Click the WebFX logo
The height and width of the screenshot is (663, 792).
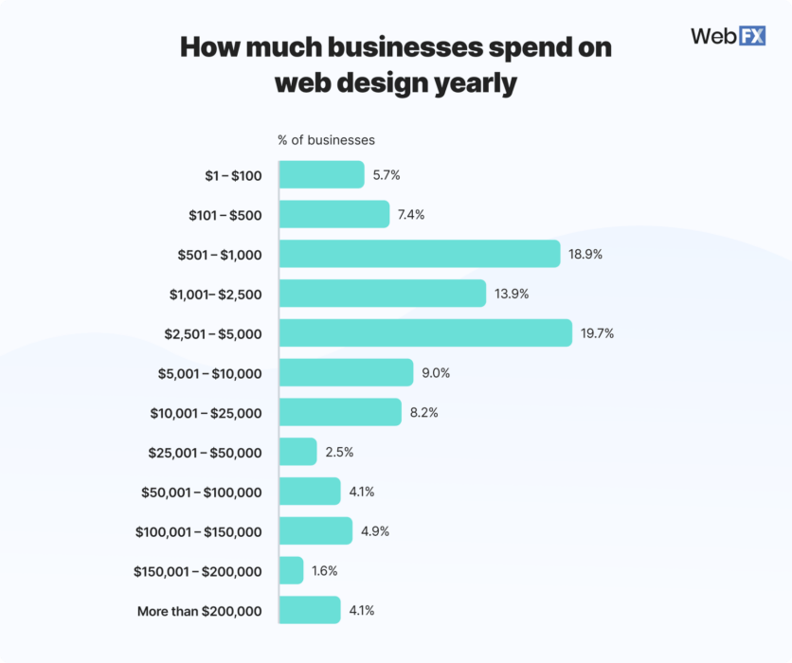pyautogui.click(x=728, y=36)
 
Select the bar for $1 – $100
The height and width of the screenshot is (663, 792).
pyautogui.click(x=321, y=174)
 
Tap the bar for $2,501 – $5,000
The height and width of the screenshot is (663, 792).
pyautogui.click(x=425, y=332)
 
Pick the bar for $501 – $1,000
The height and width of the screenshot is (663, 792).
pyautogui.click(x=420, y=254)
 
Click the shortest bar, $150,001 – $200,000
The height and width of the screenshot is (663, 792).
pyautogui.click(x=292, y=570)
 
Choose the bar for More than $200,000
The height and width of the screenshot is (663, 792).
pyautogui.click(x=310, y=610)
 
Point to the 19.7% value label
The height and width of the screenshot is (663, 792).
pyautogui.click(x=598, y=333)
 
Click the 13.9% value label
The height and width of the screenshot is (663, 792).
pyautogui.click(x=512, y=294)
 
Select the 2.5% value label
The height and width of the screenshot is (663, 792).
pyautogui.click(x=339, y=452)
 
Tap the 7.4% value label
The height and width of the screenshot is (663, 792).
pyautogui.click(x=410, y=214)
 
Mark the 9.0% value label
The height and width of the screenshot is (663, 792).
pyautogui.click(x=436, y=373)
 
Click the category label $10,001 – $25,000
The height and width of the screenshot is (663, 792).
pyautogui.click(x=206, y=413)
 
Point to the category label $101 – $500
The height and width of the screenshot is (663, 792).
pyautogui.click(x=225, y=215)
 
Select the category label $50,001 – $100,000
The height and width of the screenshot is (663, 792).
pyautogui.click(x=202, y=493)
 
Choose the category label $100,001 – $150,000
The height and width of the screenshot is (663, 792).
pyautogui.click(x=198, y=532)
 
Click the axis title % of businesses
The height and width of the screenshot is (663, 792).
pyautogui.click(x=326, y=140)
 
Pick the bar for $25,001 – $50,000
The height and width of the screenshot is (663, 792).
pyautogui.click(x=298, y=452)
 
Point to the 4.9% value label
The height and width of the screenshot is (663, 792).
pyautogui.click(x=375, y=531)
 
